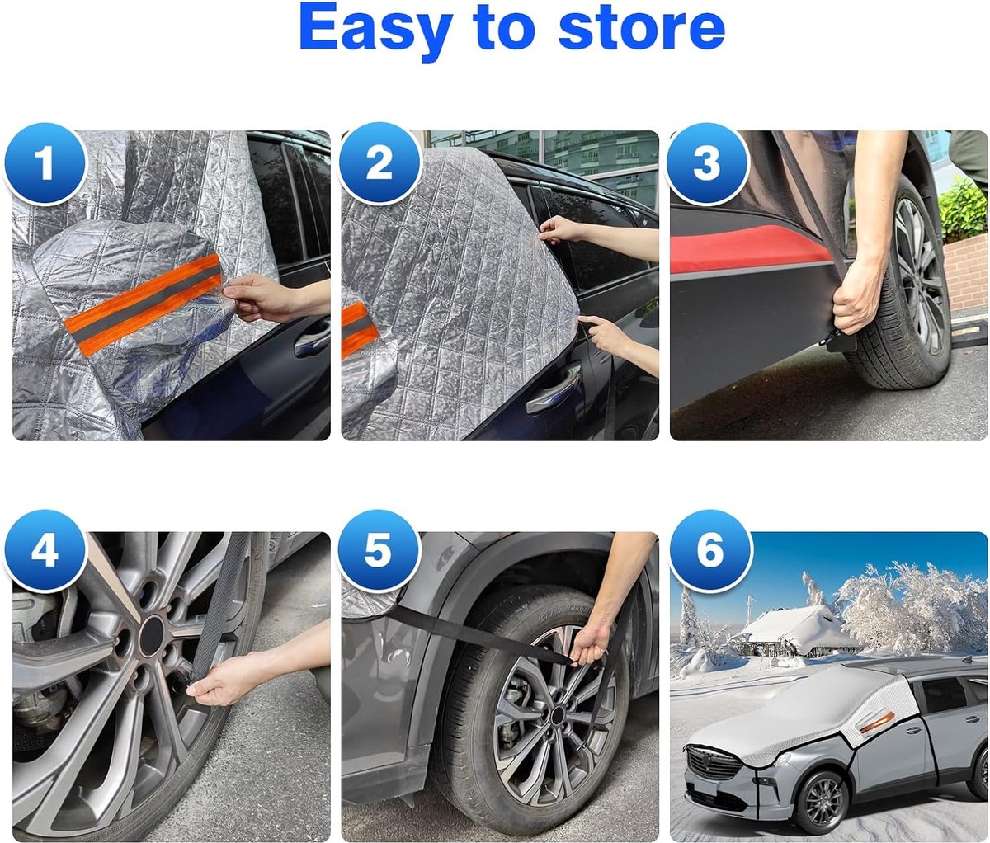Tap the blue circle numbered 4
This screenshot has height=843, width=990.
coord(45,551)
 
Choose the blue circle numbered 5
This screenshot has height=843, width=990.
coord(379,551)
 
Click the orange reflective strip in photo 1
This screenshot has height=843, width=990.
coord(144,304)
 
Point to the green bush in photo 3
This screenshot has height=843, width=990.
coord(963,211)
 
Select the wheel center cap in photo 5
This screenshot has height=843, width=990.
coord(557,716)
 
